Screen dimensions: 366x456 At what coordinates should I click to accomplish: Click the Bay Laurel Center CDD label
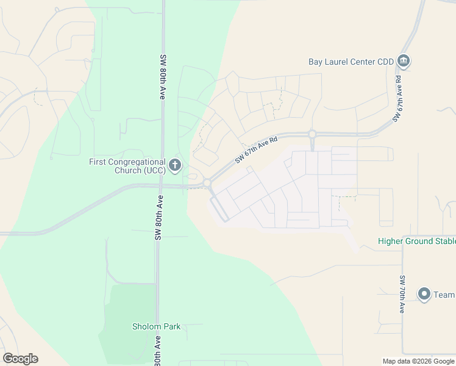[351, 62]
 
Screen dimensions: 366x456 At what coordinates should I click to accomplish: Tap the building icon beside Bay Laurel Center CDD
[403, 61]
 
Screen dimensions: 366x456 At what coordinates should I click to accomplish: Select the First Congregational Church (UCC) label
[127, 166]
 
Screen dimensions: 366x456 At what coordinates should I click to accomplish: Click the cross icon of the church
[175, 165]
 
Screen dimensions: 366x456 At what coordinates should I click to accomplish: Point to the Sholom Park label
[156, 326]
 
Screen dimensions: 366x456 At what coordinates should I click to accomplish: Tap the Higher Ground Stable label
[416, 241]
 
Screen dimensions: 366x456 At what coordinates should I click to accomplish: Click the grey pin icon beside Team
[424, 294]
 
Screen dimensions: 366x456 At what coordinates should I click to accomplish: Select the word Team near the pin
[444, 295]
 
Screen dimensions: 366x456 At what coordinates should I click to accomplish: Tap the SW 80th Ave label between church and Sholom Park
[159, 218]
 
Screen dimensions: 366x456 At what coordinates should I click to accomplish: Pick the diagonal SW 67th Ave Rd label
[256, 149]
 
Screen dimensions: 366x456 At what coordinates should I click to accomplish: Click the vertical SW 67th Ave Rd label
[398, 98]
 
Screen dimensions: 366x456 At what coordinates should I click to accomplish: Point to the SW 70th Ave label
[402, 295]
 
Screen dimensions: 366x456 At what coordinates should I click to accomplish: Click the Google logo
[20, 359]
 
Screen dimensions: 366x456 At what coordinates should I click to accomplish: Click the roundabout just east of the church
[207, 182]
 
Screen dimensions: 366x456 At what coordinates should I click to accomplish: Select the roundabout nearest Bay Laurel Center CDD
[312, 134]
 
